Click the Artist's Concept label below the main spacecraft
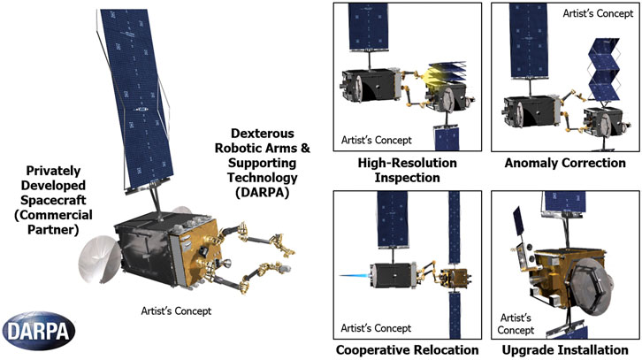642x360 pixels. [177, 310]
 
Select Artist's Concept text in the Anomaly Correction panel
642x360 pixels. [598, 14]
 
